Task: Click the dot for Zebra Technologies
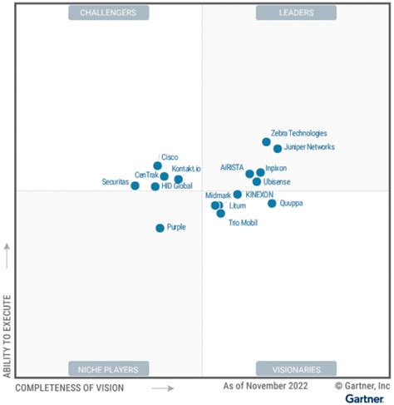[x=266, y=141]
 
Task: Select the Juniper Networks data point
[x=278, y=149]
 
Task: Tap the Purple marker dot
[x=160, y=228]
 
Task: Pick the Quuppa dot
[x=272, y=203]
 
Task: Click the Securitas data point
[x=135, y=185]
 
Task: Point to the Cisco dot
[x=157, y=165]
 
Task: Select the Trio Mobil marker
[x=220, y=214]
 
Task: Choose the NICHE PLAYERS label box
[x=109, y=368]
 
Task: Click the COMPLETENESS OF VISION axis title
[x=70, y=388]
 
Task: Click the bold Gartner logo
[x=366, y=398]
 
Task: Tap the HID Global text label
[x=176, y=186]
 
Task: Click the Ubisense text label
[x=277, y=182]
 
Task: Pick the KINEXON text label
[x=259, y=195]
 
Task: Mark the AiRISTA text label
[x=232, y=167]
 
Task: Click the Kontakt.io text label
[x=186, y=170]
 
